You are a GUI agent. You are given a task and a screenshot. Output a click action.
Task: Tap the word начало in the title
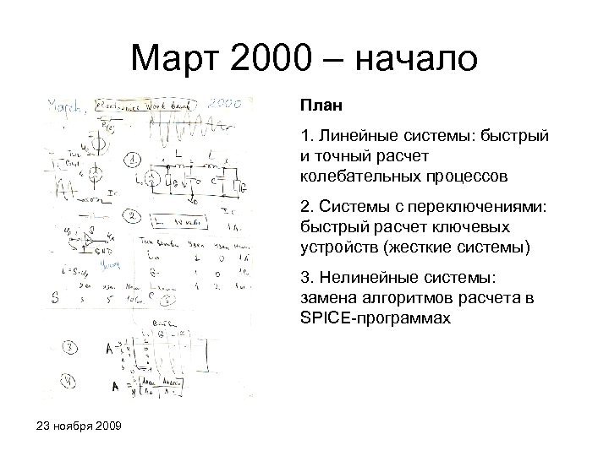click(x=418, y=59)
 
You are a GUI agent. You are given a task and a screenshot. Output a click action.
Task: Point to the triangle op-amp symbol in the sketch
click(x=83, y=242)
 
